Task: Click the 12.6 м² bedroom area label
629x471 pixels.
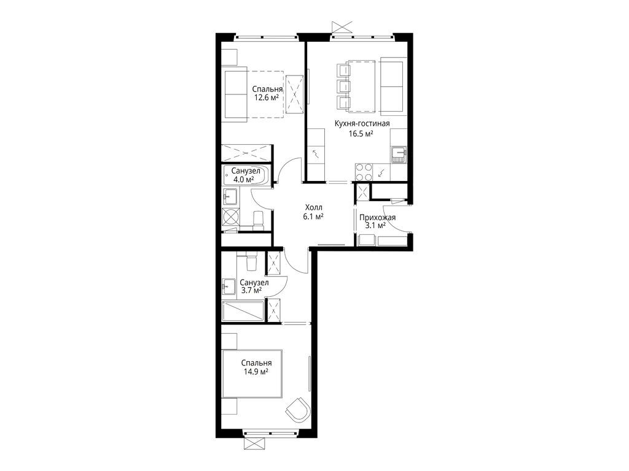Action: pyautogui.click(x=266, y=98)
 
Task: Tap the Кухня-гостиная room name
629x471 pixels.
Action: pyautogui.click(x=362, y=124)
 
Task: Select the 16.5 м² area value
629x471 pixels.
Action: pyautogui.click(x=361, y=134)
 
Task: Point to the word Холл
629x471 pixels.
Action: pyautogui.click(x=314, y=207)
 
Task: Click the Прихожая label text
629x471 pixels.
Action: pyautogui.click(x=378, y=218)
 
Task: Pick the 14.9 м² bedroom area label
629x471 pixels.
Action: pyautogui.click(x=256, y=372)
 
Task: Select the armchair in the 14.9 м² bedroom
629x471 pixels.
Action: pyautogui.click(x=298, y=409)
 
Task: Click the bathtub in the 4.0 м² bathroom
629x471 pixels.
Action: pyautogui.click(x=246, y=175)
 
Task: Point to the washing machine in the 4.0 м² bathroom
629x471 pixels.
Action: pyautogui.click(x=231, y=216)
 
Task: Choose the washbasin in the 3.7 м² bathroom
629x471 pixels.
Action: pyautogui.click(x=229, y=287)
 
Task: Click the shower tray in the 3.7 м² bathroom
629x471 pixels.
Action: pyautogui.click(x=243, y=310)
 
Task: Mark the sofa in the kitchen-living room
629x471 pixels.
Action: pyautogui.click(x=394, y=86)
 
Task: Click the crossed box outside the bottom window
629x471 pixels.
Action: pyautogui.click(x=254, y=444)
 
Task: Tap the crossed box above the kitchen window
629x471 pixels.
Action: pyautogui.click(x=343, y=27)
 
